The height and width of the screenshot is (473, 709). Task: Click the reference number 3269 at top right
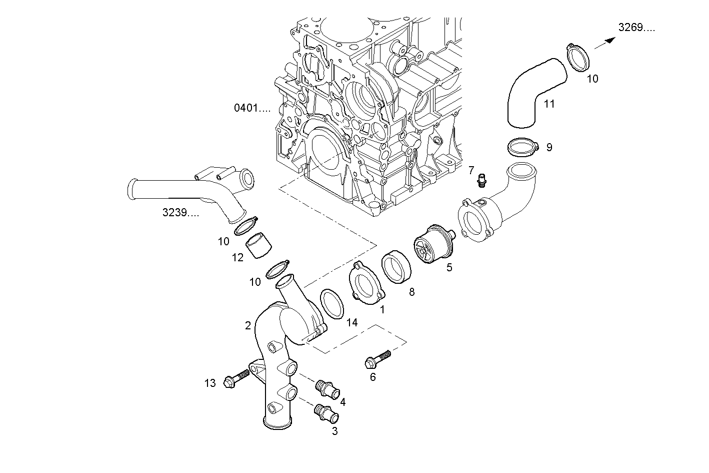coord(636,28)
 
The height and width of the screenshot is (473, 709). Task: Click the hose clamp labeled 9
coord(522,147)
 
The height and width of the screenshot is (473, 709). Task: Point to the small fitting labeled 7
coord(482,179)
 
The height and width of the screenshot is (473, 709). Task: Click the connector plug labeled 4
coord(327,388)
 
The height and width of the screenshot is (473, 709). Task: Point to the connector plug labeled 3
coord(325,413)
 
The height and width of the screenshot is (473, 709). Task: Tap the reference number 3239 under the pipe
coord(180,213)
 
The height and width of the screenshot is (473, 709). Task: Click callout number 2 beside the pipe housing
coord(248,326)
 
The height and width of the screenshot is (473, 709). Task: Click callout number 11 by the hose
coord(549,104)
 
